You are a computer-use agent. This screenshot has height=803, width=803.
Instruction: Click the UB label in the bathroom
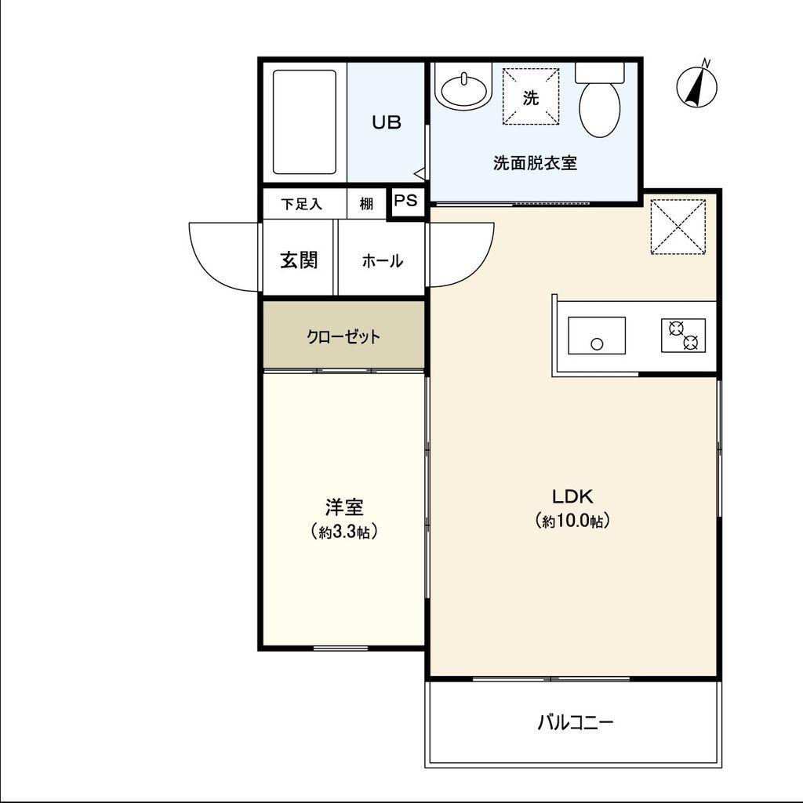click(x=386, y=122)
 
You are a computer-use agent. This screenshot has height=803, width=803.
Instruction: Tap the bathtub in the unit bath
click(x=304, y=122)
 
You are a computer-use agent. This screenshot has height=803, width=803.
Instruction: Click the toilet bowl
click(x=600, y=100)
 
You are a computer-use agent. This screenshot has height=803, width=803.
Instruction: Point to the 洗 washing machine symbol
click(x=530, y=96)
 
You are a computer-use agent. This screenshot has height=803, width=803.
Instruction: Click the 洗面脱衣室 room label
click(x=535, y=163)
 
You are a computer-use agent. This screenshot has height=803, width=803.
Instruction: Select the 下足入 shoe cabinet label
click(x=302, y=205)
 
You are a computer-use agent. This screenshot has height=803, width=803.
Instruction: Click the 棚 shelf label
click(x=365, y=204)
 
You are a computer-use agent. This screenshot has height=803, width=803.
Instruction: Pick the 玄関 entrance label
click(x=299, y=260)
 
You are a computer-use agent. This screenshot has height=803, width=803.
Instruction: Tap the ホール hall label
click(x=382, y=261)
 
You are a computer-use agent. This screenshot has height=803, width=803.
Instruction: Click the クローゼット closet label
click(x=343, y=337)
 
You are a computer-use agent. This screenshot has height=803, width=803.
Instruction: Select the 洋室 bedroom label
click(x=344, y=507)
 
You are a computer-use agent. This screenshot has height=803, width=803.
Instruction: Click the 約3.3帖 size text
click(x=344, y=532)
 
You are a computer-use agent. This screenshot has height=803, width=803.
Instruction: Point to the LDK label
click(x=572, y=496)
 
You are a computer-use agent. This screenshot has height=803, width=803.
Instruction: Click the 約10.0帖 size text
click(x=572, y=521)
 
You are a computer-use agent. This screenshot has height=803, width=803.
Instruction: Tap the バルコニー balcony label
click(x=575, y=722)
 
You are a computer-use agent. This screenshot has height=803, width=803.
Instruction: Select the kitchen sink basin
click(x=597, y=336)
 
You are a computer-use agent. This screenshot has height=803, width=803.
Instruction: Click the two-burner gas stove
click(x=683, y=336)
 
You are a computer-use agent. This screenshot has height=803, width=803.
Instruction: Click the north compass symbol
click(x=696, y=85)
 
